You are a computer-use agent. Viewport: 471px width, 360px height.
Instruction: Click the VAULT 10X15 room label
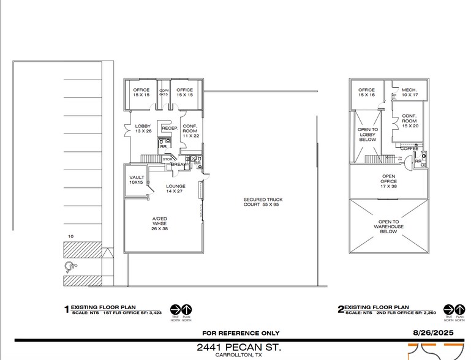click(x=137, y=180)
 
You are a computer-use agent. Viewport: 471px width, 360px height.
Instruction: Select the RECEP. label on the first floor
click(x=169, y=129)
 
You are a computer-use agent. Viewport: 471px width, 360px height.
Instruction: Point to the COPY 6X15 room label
click(x=164, y=92)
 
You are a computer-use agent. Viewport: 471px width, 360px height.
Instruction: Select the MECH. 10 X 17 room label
click(x=409, y=92)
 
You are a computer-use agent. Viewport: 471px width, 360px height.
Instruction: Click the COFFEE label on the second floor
click(x=409, y=148)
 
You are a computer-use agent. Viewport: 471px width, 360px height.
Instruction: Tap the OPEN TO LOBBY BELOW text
click(x=367, y=135)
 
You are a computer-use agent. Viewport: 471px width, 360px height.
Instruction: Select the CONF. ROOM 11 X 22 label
click(x=190, y=132)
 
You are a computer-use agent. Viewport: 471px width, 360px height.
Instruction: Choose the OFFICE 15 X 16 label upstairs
click(x=366, y=92)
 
